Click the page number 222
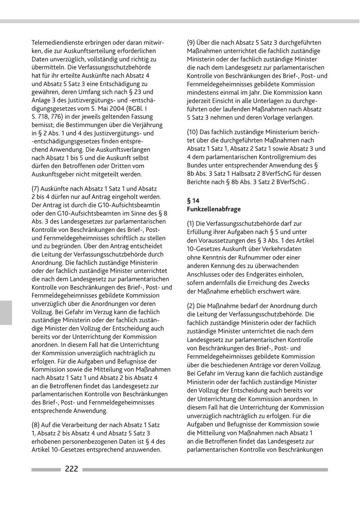(72, 469)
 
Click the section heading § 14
(193, 201)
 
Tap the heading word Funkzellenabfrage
(214, 209)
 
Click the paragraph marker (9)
(192, 43)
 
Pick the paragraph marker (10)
(194, 132)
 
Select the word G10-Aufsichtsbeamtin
(131, 205)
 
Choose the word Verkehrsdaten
(283, 249)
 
